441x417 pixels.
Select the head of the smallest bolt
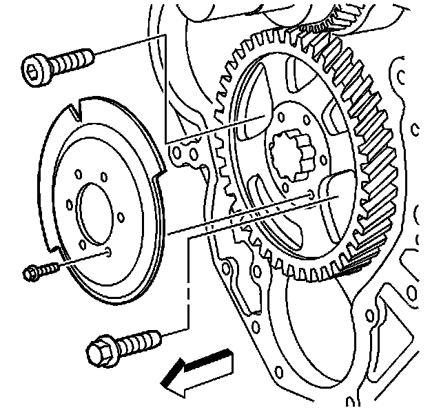click(30, 273)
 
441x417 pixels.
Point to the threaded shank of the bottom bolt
click(141, 340)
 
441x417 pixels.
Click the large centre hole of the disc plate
click(96, 211)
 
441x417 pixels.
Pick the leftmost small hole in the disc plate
click(69, 204)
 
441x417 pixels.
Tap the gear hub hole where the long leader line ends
click(312, 194)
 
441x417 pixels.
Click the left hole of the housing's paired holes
click(178, 148)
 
